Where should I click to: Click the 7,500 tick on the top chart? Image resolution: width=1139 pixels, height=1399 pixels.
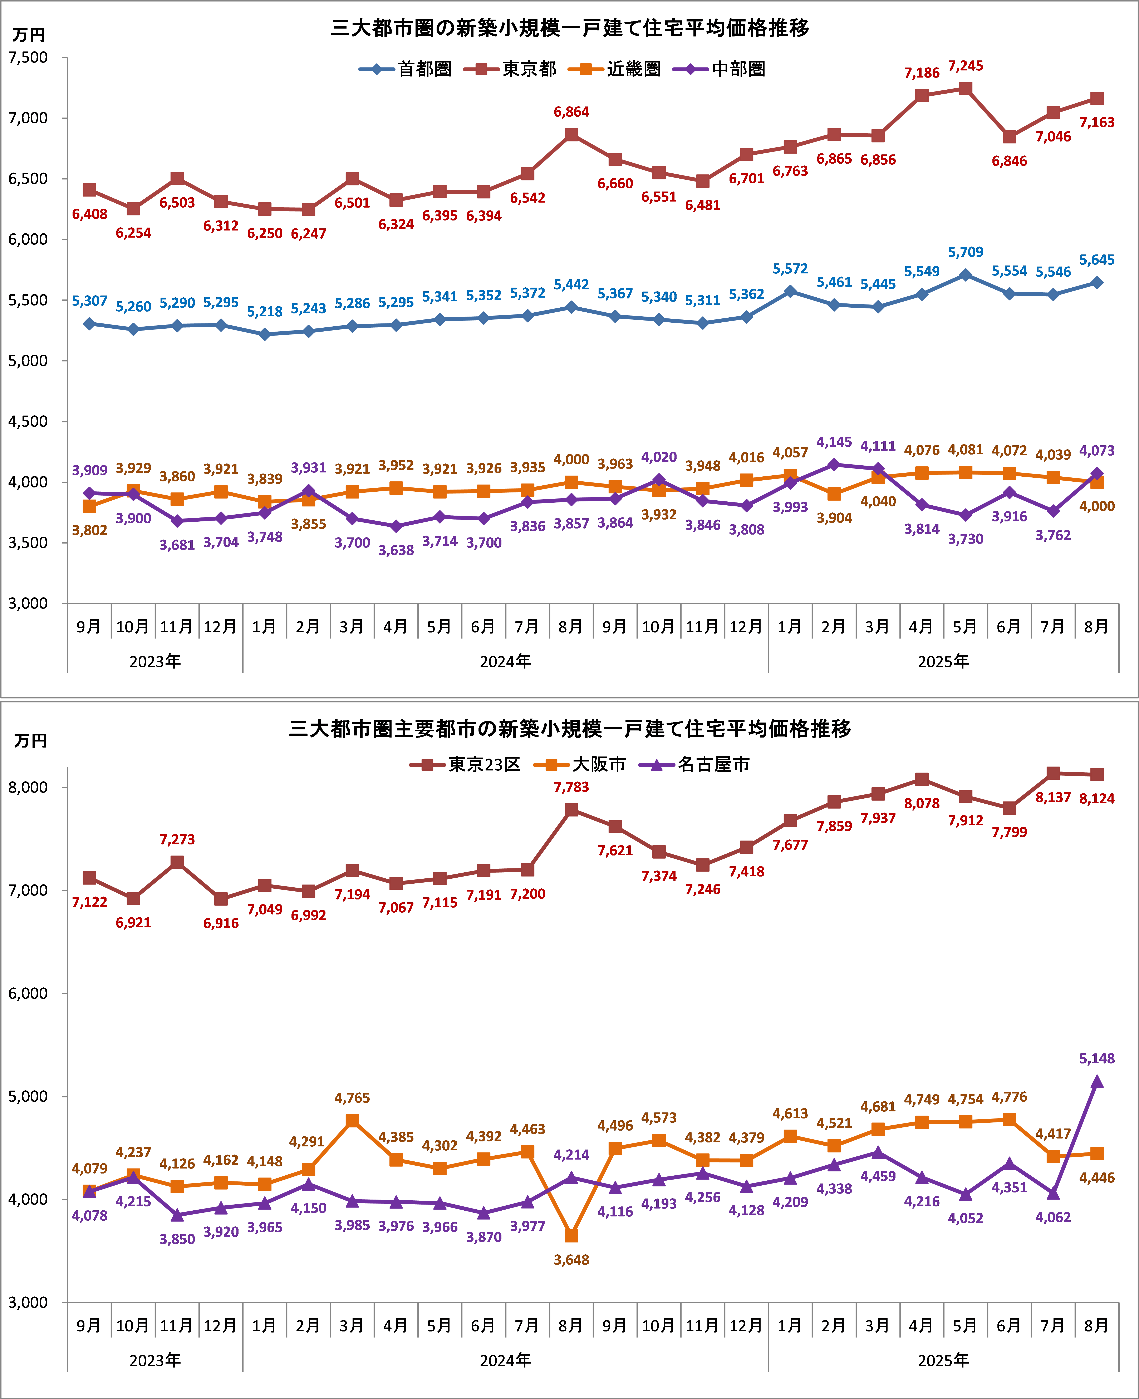click(28, 58)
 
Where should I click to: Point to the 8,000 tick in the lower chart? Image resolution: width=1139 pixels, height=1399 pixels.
click(28, 787)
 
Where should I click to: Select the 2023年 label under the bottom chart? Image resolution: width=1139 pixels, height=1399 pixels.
click(155, 1360)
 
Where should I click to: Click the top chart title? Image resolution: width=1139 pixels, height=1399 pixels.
click(570, 28)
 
